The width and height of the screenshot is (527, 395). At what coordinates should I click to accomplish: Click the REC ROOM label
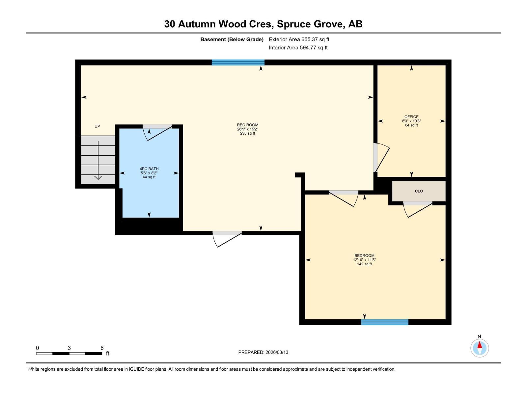[247, 125]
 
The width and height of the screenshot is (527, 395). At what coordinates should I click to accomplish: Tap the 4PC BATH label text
[149, 169]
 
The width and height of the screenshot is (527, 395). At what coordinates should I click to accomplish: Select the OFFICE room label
[411, 117]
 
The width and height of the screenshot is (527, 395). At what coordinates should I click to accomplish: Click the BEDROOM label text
[364, 256]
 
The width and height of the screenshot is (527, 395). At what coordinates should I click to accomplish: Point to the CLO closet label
[419, 191]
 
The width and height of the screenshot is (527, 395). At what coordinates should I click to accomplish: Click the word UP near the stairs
[97, 126]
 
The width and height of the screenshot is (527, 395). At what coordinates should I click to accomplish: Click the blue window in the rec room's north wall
[238, 63]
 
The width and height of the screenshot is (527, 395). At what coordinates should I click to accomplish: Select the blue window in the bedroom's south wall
[384, 322]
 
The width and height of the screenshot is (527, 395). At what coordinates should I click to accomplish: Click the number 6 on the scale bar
[102, 348]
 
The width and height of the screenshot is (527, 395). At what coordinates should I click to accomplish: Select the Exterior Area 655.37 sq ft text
[299, 39]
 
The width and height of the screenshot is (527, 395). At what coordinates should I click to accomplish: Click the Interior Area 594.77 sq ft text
[298, 48]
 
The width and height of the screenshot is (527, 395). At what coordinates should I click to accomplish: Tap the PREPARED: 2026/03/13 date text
[263, 352]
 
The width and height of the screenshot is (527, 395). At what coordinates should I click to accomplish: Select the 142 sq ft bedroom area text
[364, 264]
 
